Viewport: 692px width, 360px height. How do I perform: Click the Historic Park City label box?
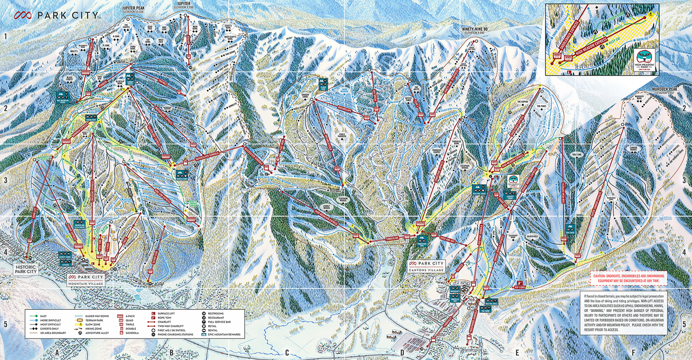(25, 269)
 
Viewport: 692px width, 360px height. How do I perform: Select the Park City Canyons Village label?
(426, 266)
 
